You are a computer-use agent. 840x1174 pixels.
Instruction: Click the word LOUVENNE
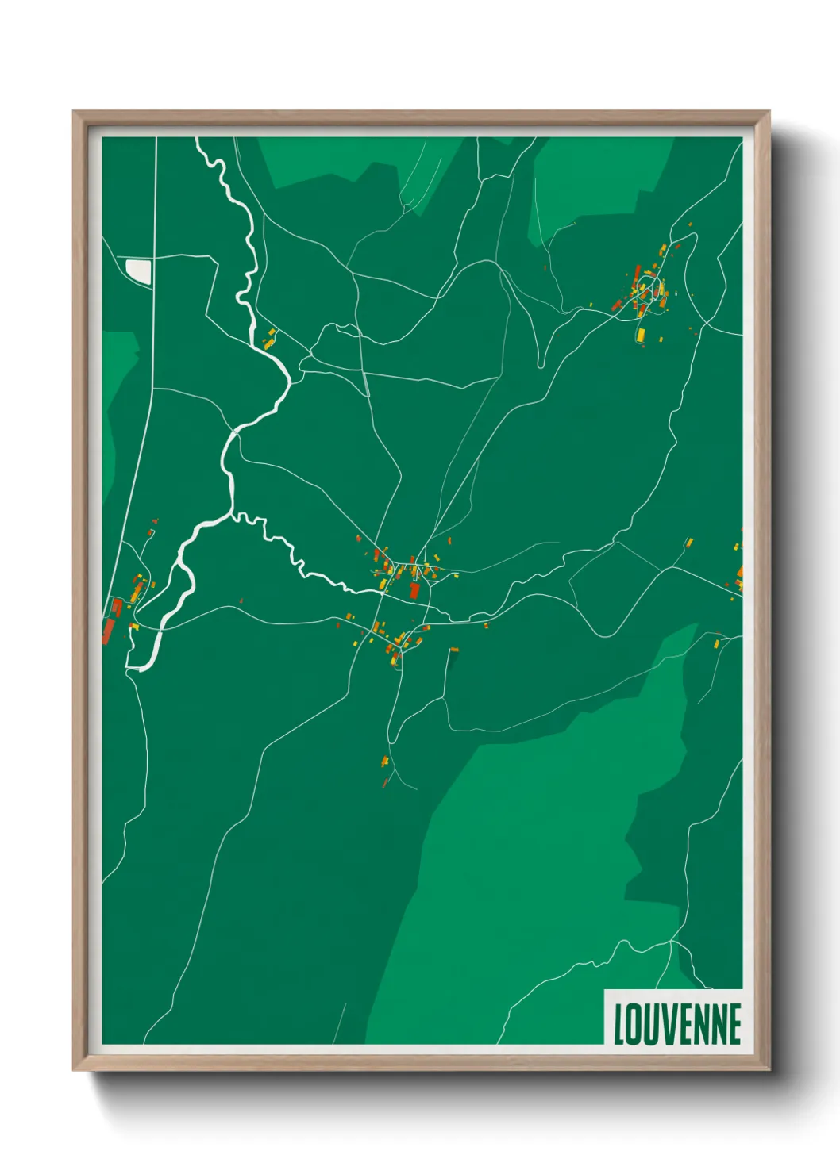click(677, 1024)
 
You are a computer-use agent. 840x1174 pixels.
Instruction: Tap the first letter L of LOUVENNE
click(618, 1024)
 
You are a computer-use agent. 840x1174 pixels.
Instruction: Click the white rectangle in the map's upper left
click(139, 271)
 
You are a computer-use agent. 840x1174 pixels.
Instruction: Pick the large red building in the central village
click(414, 591)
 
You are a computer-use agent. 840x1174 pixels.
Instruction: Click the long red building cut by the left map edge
click(108, 631)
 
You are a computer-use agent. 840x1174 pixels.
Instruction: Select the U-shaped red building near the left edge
click(117, 608)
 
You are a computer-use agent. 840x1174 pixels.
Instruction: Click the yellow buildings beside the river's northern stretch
click(270, 340)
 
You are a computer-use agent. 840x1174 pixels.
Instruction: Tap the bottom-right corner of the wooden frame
click(768, 1068)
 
